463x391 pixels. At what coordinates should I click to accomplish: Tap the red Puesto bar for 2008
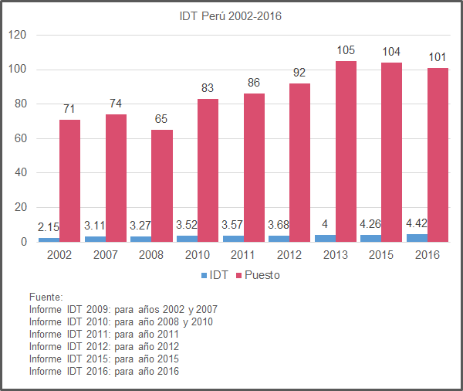161,185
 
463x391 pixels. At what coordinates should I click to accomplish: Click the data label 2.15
49,226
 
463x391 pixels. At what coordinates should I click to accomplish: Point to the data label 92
300,74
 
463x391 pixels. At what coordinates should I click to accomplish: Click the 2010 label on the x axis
197,255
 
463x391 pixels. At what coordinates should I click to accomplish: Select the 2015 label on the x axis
381,255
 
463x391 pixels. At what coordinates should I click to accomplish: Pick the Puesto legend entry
257,275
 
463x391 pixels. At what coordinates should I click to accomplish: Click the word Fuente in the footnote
46,297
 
